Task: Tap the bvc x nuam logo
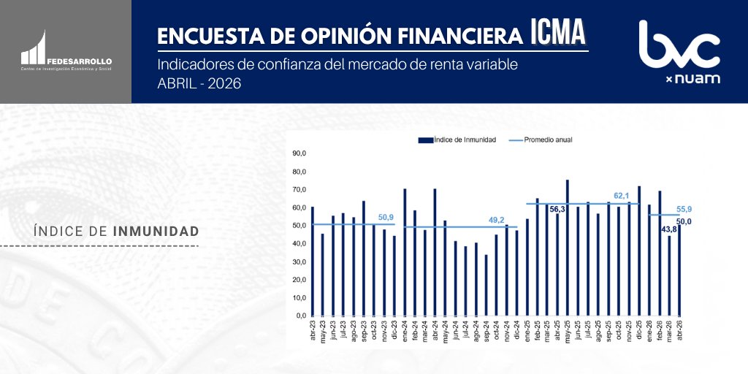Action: coord(679,51)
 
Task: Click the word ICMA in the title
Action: coord(558,33)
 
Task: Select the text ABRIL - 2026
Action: coord(199,83)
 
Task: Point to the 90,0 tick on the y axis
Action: coord(299,153)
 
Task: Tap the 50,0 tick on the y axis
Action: coord(299,226)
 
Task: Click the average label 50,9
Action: coord(386,217)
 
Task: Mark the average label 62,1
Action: coord(622,196)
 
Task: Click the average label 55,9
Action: coord(684,209)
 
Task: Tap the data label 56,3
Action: coord(557,209)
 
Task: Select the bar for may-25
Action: coord(568,248)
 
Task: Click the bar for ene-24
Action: coord(405,252)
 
